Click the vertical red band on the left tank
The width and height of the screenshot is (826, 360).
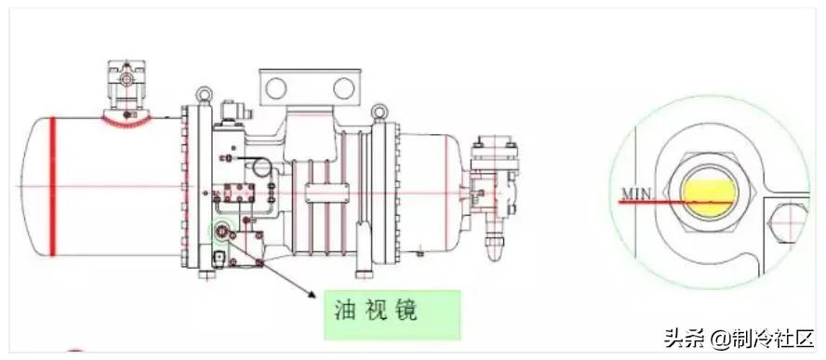click(x=53, y=185)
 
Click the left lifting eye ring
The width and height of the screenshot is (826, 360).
click(x=201, y=94)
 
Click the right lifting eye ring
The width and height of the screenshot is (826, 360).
click(x=379, y=113)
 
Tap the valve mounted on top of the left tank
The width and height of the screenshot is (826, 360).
click(x=127, y=88)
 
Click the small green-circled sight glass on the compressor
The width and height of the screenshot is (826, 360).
click(x=223, y=230)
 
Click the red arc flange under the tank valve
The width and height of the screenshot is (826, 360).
click(x=126, y=117)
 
